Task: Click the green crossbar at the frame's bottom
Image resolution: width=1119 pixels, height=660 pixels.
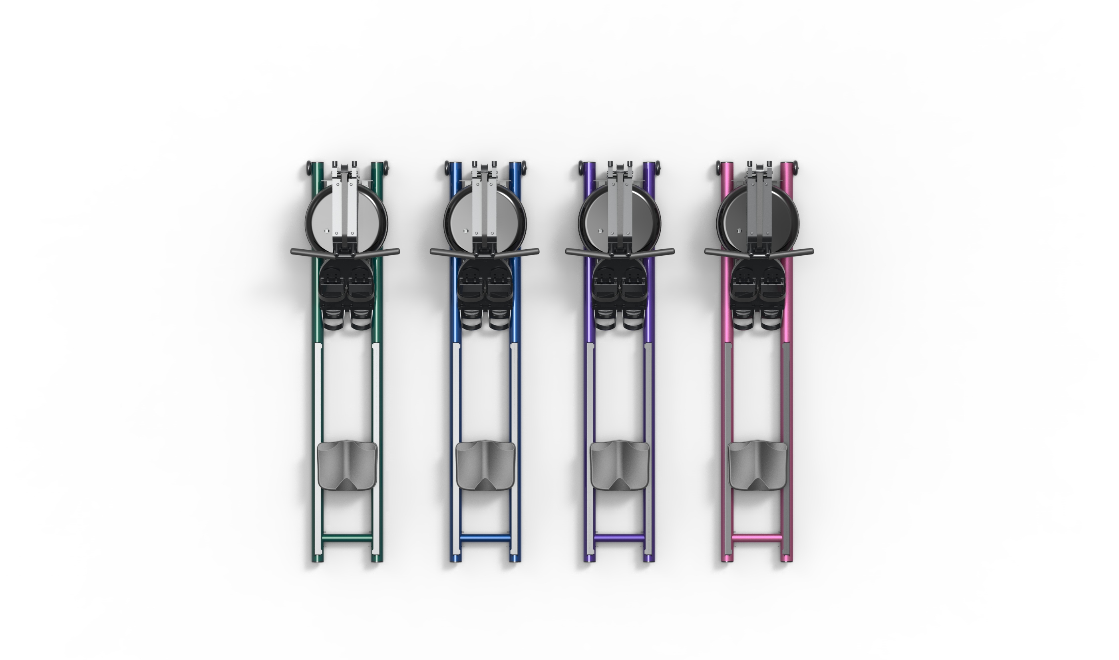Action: click(x=347, y=538)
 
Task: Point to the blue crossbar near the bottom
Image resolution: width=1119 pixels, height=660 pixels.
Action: click(x=485, y=538)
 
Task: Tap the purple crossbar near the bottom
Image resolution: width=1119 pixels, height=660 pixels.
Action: click(x=620, y=538)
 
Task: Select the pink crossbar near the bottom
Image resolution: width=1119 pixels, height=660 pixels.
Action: click(x=757, y=538)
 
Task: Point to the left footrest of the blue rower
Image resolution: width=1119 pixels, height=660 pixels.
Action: click(x=471, y=296)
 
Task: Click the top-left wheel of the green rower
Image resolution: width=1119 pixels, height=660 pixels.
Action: click(x=308, y=169)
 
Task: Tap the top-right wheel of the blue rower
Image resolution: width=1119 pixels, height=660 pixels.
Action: click(x=525, y=169)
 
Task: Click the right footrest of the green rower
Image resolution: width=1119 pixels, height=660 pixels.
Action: click(x=361, y=296)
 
